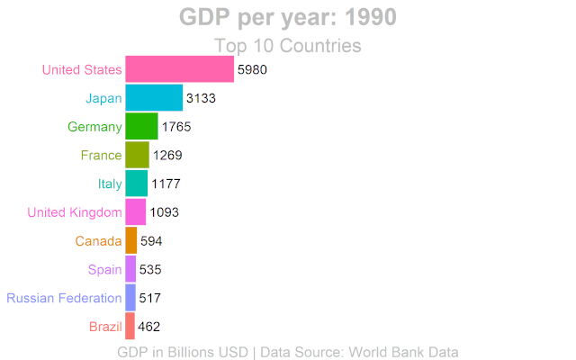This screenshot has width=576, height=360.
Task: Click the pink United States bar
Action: click(x=179, y=69)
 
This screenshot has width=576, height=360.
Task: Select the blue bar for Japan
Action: click(x=153, y=98)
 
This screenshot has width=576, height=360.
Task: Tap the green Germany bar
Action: click(x=141, y=126)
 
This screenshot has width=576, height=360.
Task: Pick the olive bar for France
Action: click(x=137, y=155)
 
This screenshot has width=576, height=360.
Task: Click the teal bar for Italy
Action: click(x=136, y=184)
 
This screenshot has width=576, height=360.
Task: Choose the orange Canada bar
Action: click(x=130, y=240)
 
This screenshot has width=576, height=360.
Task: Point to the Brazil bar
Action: click(x=130, y=326)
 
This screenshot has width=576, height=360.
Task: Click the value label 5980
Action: click(x=252, y=69)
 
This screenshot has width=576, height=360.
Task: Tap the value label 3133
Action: click(x=201, y=98)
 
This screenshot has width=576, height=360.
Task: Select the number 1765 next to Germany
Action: click(x=176, y=127)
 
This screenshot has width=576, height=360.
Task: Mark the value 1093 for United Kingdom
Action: click(x=165, y=212)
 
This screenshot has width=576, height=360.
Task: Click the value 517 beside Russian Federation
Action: click(x=151, y=298)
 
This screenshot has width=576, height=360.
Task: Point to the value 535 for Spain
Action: click(x=151, y=269)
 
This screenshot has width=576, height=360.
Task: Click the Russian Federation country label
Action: click(x=64, y=298)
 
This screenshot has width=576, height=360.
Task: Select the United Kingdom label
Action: click(x=75, y=212)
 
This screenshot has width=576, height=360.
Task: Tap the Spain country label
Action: click(x=105, y=269)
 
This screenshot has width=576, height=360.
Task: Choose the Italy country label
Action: click(x=110, y=184)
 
